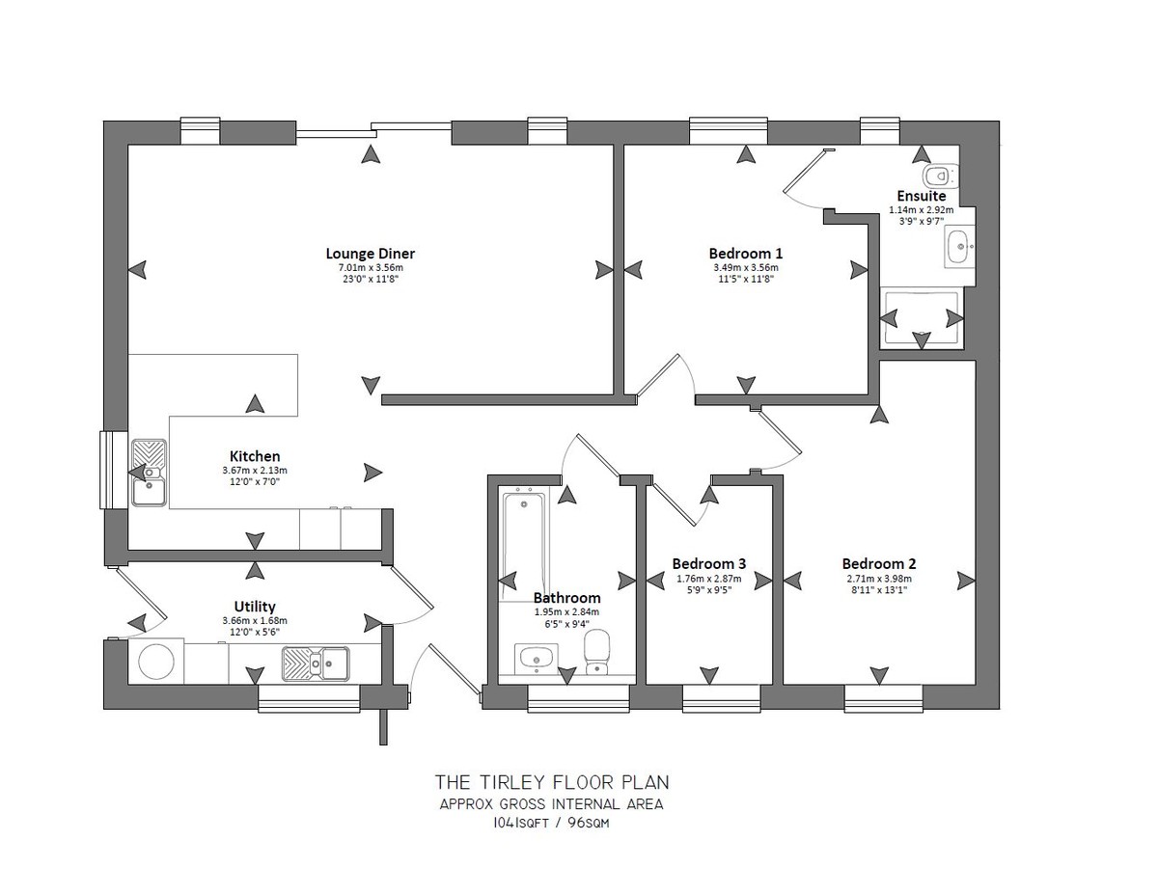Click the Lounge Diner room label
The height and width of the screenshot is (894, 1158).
click(370, 254)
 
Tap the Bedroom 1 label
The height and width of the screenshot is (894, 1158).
click(745, 254)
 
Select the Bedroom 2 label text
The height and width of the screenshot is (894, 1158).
click(879, 563)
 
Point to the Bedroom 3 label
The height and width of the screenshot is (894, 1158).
click(708, 563)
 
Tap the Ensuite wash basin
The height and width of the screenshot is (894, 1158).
click(960, 247)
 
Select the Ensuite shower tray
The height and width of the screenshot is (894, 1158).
click(922, 318)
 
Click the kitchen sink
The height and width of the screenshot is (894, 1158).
click(149, 473)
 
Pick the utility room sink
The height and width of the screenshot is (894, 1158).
click(316, 664)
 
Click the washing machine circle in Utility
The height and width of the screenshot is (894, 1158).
click(156, 662)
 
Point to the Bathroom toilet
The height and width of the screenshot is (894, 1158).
click(596, 652)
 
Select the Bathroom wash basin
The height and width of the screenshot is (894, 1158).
click(537, 660)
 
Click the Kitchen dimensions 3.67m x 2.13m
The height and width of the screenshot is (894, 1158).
click(255, 471)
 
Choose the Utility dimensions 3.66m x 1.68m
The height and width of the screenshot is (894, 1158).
click(255, 621)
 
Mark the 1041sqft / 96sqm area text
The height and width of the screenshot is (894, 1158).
click(551, 823)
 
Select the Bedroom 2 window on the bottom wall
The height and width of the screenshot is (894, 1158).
click(883, 698)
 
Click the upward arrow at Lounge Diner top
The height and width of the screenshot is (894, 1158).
click(371, 154)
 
